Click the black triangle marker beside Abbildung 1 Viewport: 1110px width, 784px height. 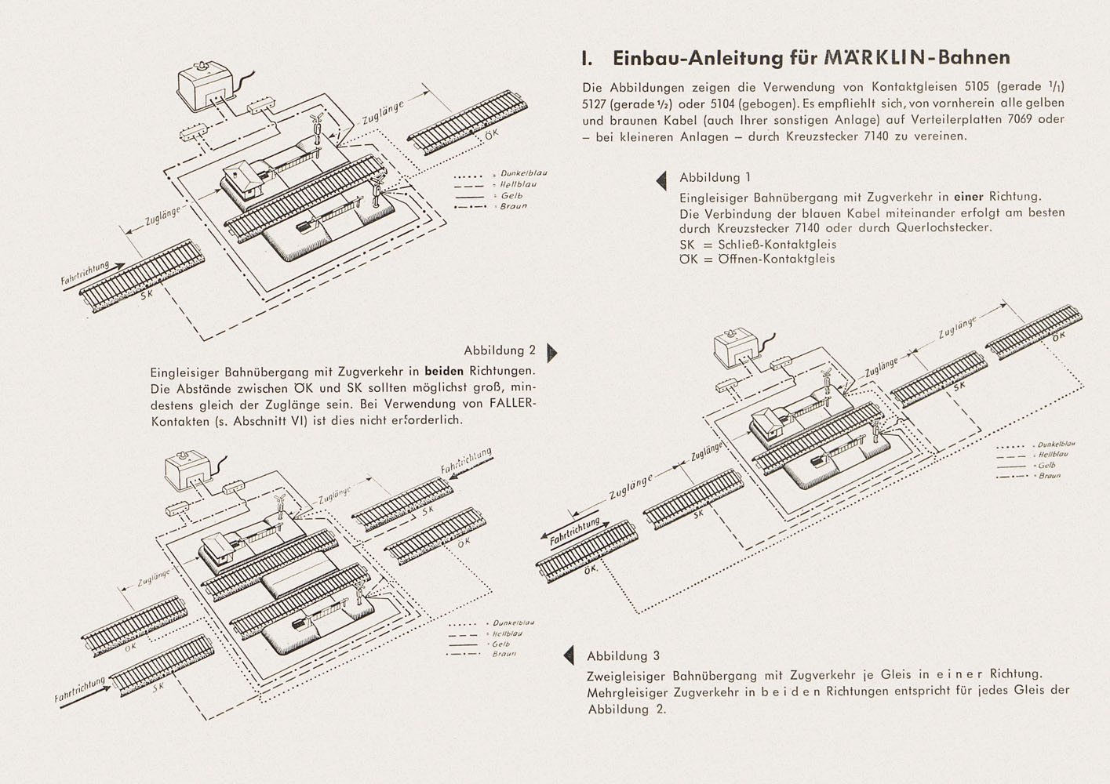(661, 180)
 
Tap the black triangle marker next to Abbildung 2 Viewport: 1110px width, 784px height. (551, 353)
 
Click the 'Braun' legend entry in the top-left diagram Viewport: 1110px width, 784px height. (514, 206)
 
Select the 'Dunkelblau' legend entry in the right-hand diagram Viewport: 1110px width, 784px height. (1054, 445)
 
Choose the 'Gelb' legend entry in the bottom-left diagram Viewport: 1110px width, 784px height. (501, 644)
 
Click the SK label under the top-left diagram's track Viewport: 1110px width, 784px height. (147, 296)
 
